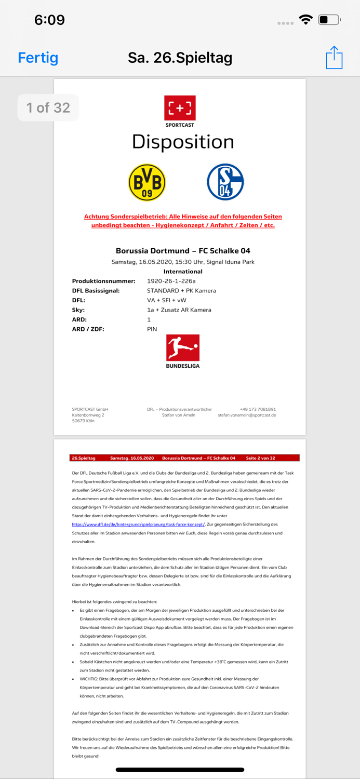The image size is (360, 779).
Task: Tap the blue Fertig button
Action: pos(38,58)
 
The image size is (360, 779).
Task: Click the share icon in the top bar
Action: pos(334,57)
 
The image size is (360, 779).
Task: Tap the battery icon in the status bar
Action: pos(329,20)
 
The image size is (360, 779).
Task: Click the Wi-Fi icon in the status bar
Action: pos(306,20)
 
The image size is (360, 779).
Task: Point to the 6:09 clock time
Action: pos(49,20)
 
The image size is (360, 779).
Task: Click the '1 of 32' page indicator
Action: pos(48,108)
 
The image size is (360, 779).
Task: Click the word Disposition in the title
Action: pos(183,142)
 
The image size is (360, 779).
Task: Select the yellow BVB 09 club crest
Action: pos(147,182)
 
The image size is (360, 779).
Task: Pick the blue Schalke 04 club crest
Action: pos(225,182)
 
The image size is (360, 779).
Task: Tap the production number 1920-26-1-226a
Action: pos(171,281)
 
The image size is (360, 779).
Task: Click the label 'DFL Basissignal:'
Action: pos(96,291)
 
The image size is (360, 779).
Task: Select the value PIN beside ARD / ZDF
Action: pos(152,329)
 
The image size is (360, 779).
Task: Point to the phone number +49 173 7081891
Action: pos(258,409)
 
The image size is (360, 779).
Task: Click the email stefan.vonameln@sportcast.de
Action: pos(247,415)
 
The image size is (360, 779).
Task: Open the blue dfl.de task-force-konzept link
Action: pos(139,525)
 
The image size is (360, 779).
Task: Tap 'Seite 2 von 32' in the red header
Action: pos(260,458)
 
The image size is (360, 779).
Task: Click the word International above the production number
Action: pos(183,272)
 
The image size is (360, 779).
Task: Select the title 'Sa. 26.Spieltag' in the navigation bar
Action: pos(180,58)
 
